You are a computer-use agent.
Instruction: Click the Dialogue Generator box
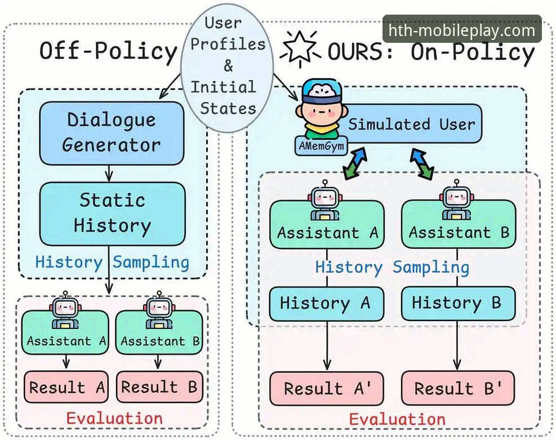tap(112, 134)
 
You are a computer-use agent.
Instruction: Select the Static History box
tap(113, 214)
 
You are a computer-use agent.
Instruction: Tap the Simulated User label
tap(411, 124)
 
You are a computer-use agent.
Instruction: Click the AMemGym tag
tap(321, 146)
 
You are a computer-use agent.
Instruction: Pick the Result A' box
tap(327, 388)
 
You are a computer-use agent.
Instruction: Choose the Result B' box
tap(458, 388)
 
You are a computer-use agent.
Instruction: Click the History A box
tap(327, 304)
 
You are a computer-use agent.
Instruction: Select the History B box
tap(458, 303)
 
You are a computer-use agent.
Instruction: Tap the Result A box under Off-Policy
tap(66, 387)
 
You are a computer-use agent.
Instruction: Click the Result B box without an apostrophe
tap(159, 387)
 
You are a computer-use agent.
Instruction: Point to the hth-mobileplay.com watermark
tap(462, 30)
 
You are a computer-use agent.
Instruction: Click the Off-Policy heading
tap(108, 50)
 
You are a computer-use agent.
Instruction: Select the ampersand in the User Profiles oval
tap(229, 65)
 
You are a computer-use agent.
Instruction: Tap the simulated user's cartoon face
tap(321, 112)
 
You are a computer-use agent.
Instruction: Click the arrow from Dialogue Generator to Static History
tap(109, 174)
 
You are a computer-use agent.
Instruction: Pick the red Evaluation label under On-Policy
tap(397, 419)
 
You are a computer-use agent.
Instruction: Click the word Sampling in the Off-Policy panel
tap(151, 263)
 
